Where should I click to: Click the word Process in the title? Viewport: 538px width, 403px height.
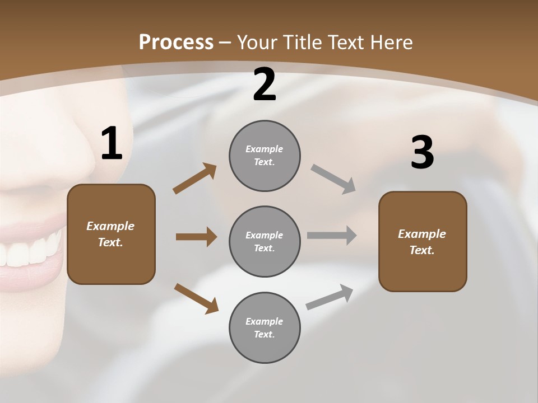point(176,42)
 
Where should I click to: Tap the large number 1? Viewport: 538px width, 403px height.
point(112,144)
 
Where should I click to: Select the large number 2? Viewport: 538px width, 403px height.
point(265,85)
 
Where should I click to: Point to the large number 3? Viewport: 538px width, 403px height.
point(422,153)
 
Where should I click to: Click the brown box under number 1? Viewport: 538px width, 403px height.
point(111,234)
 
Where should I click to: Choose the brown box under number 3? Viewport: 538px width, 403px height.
point(423,241)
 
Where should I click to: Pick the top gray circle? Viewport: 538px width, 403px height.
point(265,156)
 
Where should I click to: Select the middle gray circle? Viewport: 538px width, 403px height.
point(265,241)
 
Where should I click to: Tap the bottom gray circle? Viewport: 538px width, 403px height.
point(265,327)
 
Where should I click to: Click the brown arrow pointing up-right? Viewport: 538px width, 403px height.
point(194,179)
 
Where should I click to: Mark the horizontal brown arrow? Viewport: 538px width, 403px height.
point(196,237)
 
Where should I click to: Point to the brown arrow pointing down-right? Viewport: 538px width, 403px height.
point(196,298)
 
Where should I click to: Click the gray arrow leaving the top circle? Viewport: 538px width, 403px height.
point(333,179)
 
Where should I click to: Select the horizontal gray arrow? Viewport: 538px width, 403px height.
point(332,235)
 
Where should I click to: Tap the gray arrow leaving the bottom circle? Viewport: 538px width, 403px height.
point(330,297)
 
